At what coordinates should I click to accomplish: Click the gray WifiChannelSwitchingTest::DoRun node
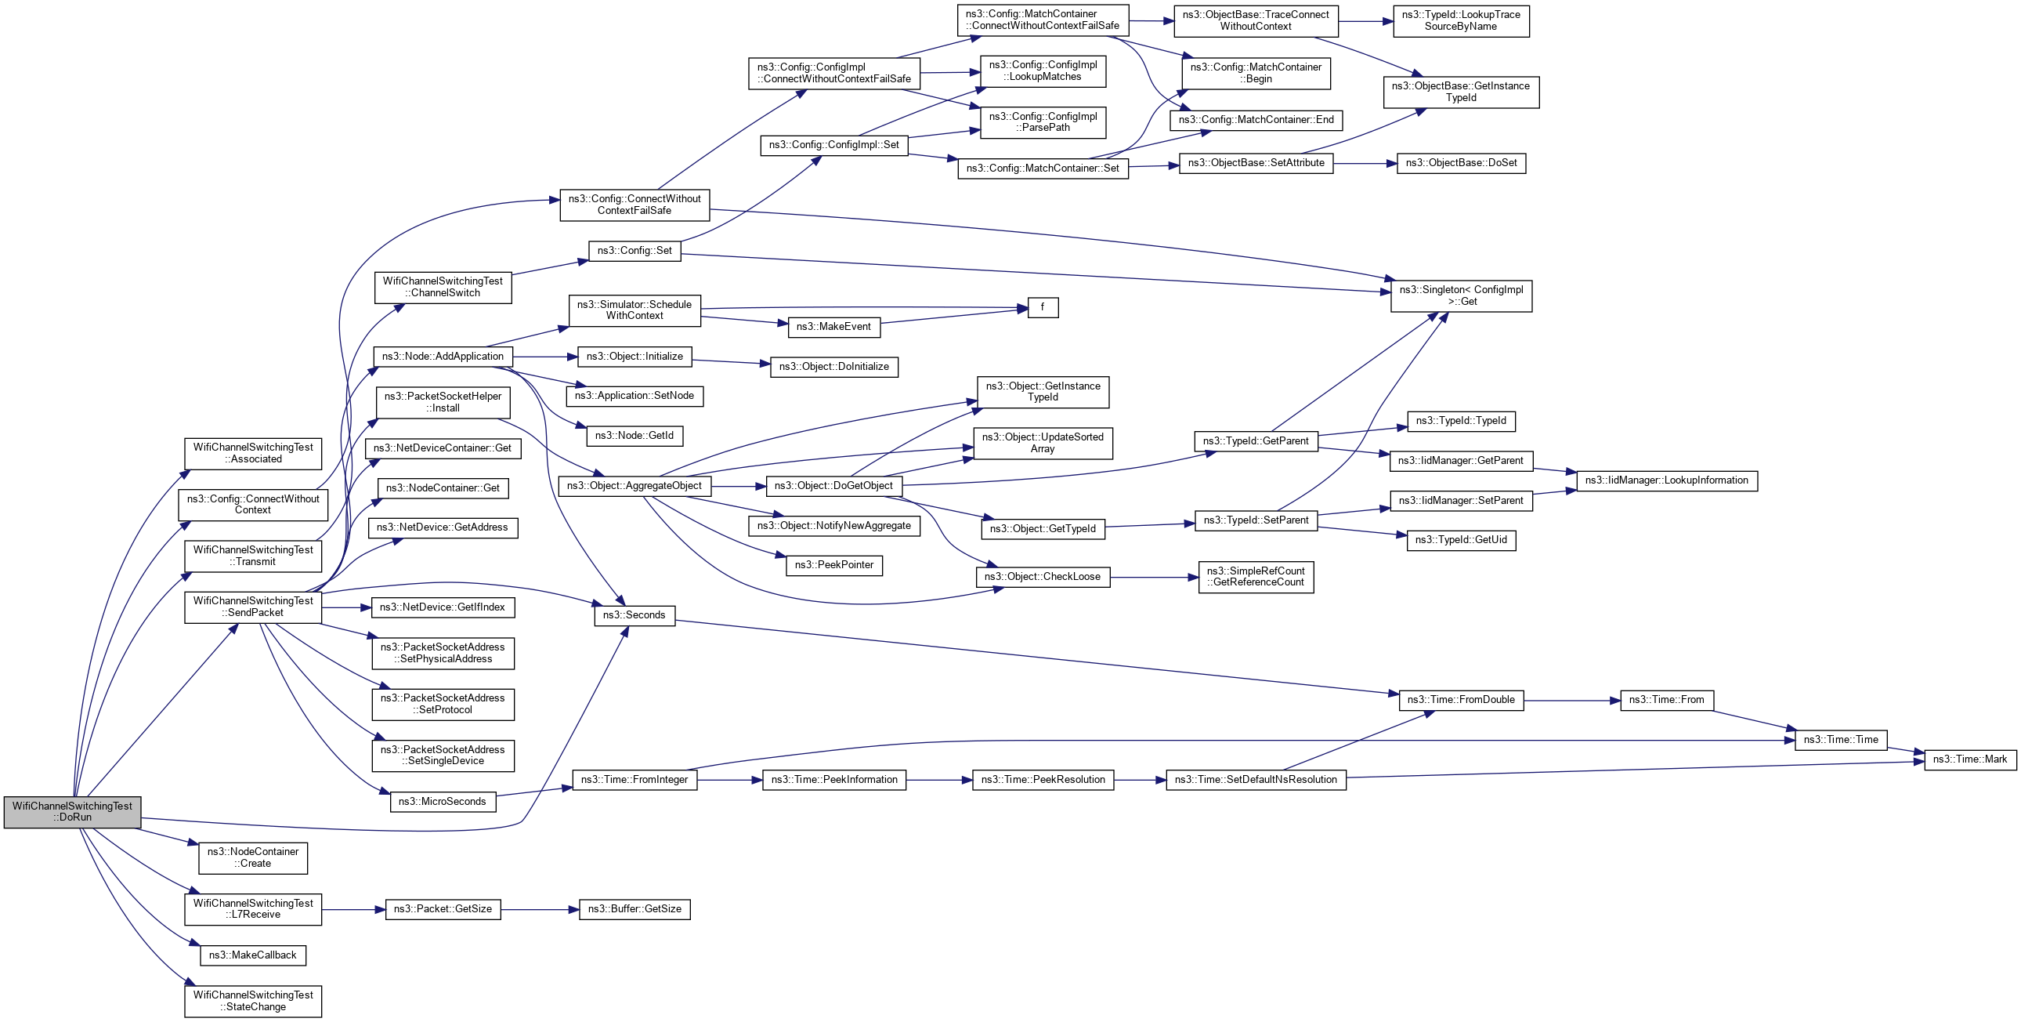tap(72, 812)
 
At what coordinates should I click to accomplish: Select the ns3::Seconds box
tap(634, 615)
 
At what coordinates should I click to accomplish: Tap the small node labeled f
tap(1043, 308)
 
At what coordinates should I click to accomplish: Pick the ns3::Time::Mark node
tap(1969, 759)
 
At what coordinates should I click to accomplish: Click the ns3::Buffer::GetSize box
tap(634, 909)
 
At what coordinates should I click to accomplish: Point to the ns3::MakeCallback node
tap(251, 955)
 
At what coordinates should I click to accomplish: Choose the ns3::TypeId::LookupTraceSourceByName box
tap(1461, 20)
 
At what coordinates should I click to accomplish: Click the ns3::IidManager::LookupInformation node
tap(1666, 480)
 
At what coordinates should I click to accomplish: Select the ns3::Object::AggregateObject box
tap(634, 486)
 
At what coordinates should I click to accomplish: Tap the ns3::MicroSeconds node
tap(443, 802)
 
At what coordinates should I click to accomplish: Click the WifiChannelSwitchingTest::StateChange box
tap(252, 1001)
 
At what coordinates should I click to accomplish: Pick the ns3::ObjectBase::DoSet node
tap(1461, 163)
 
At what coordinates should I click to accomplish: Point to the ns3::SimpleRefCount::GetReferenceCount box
tap(1255, 577)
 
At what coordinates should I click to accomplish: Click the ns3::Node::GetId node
tap(634, 435)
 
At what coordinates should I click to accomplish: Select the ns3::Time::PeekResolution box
tap(1043, 780)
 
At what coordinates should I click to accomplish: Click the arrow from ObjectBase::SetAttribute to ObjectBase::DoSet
tap(1365, 163)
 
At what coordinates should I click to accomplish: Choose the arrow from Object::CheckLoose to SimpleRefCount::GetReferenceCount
tap(1154, 578)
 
